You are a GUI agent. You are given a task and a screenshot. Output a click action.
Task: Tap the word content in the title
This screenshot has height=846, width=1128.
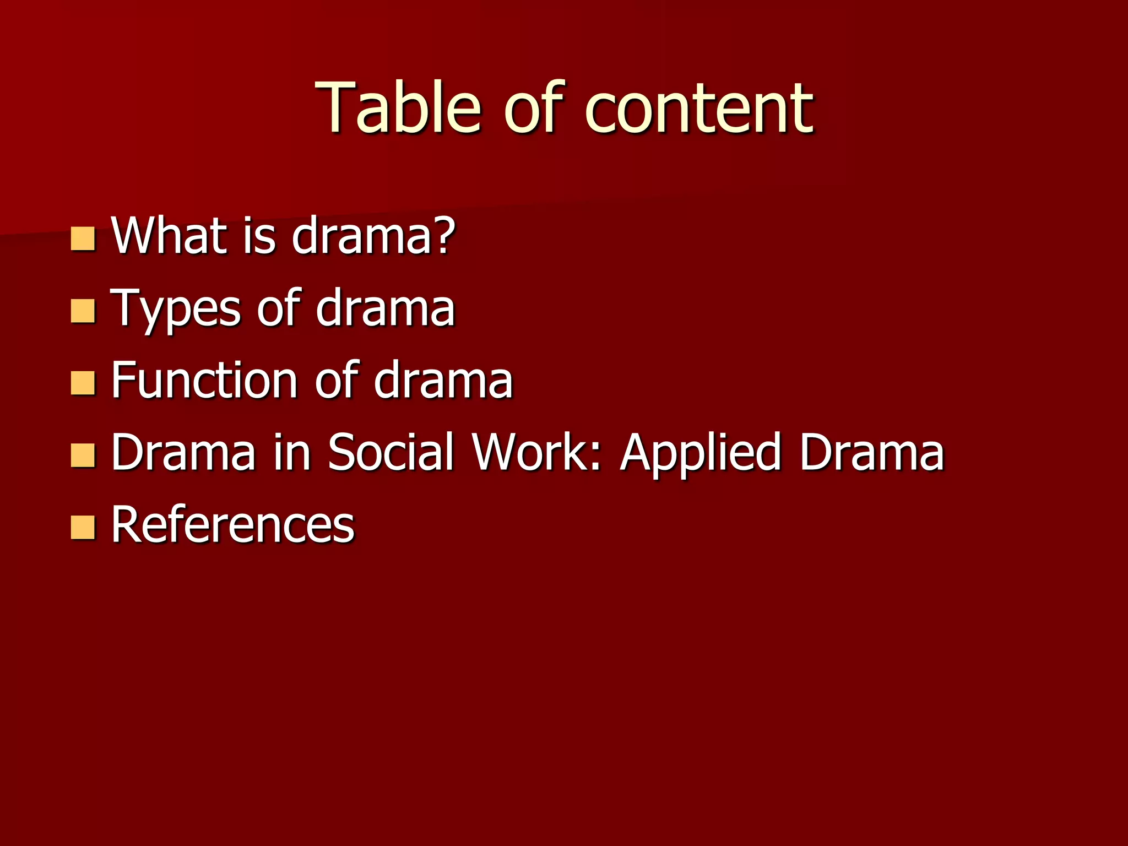pos(698,109)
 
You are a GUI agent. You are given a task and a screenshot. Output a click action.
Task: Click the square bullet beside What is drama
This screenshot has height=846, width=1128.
pos(83,239)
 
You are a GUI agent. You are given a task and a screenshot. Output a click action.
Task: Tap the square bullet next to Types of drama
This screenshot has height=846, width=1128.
pos(83,311)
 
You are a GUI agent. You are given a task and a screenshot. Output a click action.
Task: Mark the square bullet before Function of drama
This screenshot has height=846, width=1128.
pos(83,383)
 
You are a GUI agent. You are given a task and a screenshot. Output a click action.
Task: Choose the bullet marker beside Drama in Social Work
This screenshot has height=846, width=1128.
pos(83,455)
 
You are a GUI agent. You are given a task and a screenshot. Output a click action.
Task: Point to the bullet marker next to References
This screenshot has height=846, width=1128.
pos(83,527)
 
